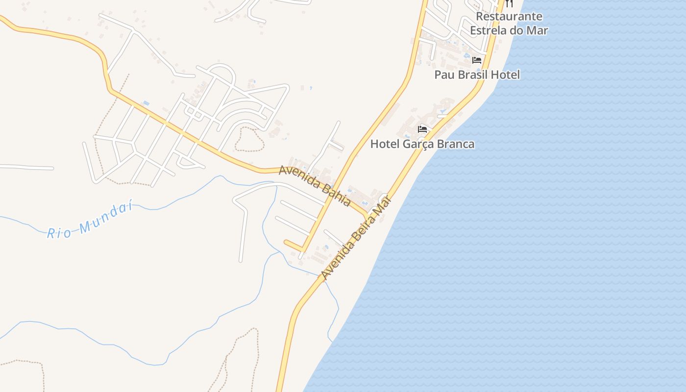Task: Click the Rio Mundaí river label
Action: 90,221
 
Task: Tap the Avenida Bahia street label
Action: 315,186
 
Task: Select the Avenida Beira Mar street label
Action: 357,238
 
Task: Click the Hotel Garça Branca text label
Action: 422,144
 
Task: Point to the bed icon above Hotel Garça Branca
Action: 422,130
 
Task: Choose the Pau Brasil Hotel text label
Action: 477,75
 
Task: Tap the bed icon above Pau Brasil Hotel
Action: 477,60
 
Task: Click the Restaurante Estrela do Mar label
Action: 509,24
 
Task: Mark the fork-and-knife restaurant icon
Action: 509,3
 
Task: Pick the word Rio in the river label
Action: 59,233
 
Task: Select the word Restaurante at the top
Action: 509,16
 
